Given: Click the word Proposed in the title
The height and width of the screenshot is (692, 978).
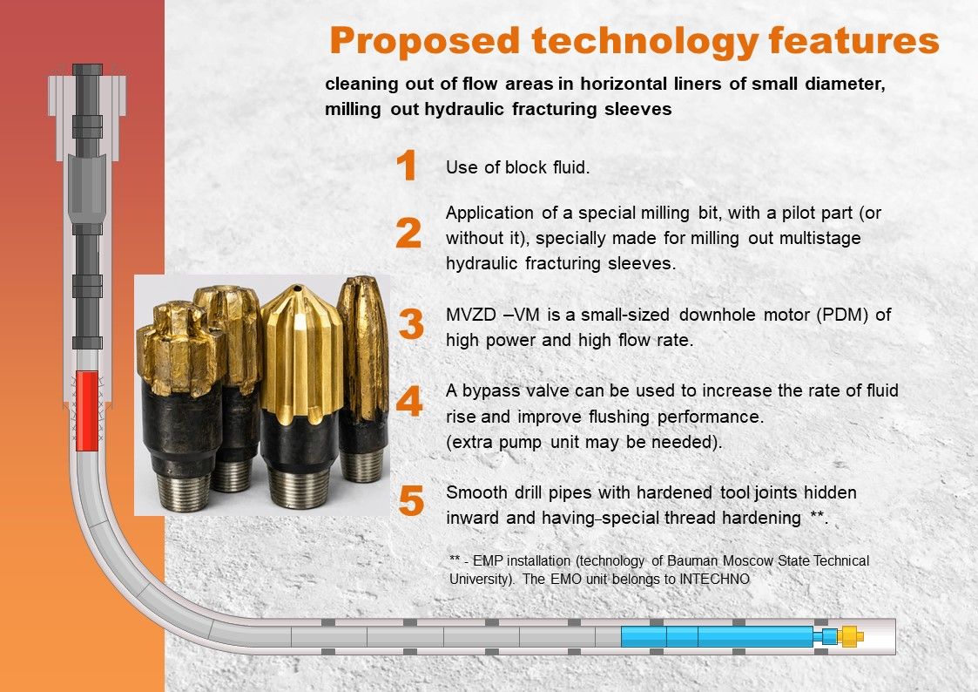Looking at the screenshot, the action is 424,42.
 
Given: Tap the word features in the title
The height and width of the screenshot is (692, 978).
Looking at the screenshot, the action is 853,40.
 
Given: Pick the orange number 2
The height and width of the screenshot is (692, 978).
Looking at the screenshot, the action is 408,234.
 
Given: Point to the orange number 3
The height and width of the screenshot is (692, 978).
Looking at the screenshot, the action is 411,323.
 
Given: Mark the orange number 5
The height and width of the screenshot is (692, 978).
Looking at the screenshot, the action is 411,501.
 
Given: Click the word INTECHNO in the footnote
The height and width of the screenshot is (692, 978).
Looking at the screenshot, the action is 714,579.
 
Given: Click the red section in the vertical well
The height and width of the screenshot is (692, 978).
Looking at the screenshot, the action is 87,411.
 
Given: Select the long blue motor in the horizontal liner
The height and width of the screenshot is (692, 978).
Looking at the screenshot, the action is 718,636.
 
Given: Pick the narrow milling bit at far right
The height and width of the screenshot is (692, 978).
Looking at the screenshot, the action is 363,378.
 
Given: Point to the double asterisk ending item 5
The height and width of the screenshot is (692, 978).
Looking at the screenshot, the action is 817,516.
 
